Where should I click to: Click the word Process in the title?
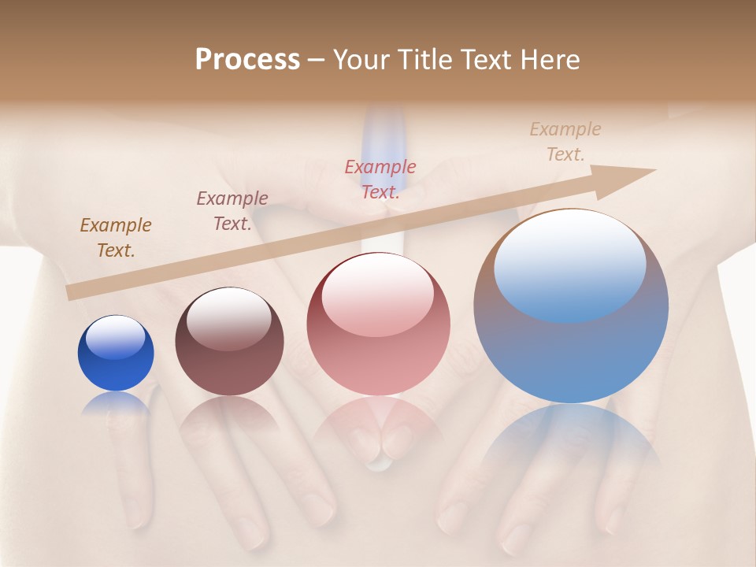click(247, 60)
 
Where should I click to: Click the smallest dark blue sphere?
click(116, 354)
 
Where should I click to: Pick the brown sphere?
click(229, 342)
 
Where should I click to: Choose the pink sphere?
click(378, 324)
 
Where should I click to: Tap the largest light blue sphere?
click(571, 306)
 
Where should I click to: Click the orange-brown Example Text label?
click(116, 238)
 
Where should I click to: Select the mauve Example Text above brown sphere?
click(232, 211)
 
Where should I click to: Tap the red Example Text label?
click(380, 180)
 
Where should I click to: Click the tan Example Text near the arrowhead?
click(565, 142)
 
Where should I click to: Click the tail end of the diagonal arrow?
click(73, 293)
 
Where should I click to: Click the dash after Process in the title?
click(317, 60)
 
